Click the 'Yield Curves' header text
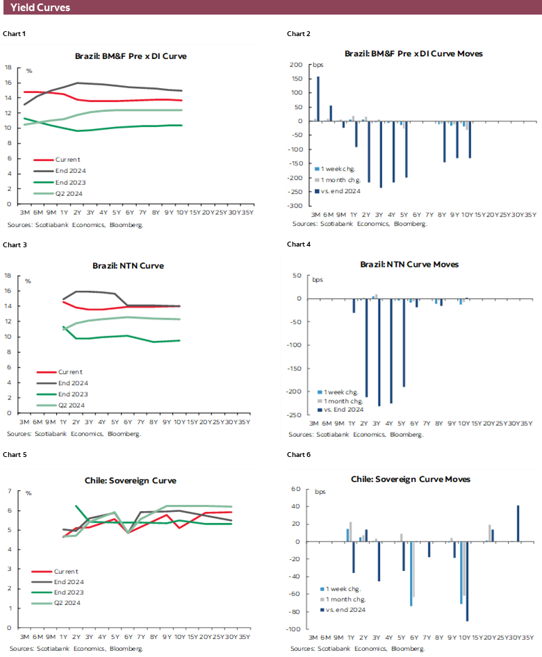[40, 8]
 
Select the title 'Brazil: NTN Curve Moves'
[409, 265]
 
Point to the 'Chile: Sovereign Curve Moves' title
[410, 479]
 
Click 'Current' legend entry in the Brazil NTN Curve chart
[69, 372]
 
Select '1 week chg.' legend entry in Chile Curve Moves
[345, 588]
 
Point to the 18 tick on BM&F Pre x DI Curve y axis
[8, 67]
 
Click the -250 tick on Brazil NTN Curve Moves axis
[296, 415]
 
